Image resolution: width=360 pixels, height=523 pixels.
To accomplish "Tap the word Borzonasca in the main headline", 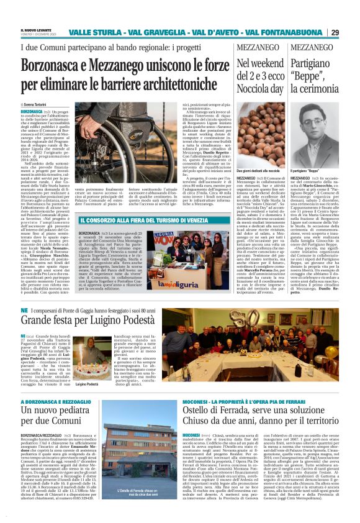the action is click(60, 63).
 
